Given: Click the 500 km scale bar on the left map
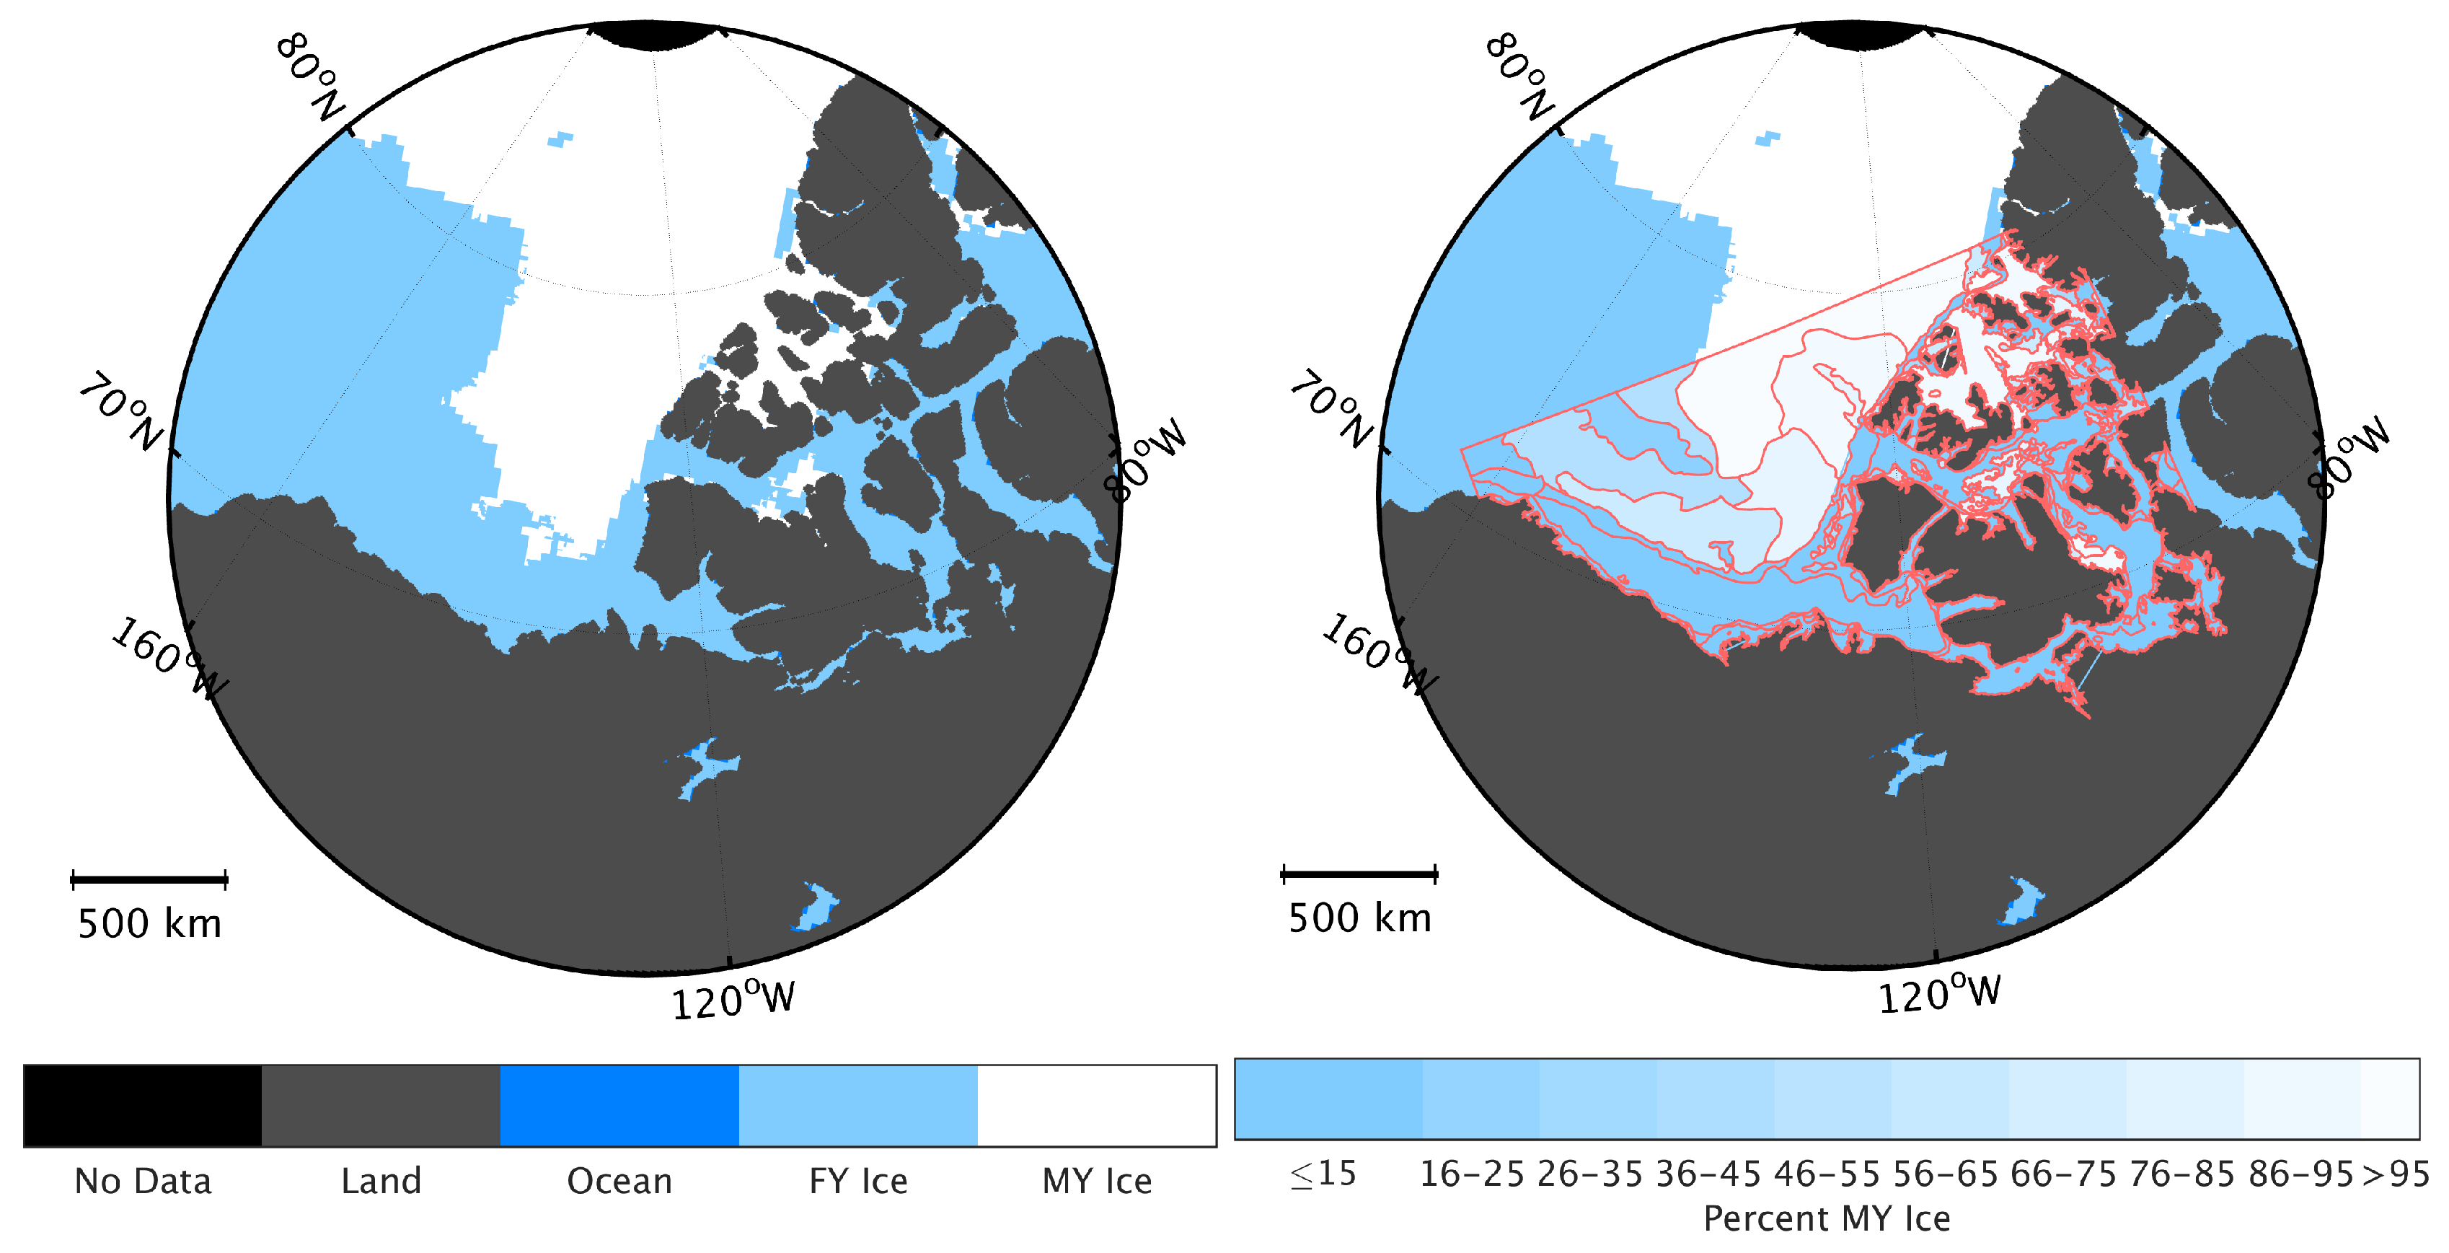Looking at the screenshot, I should click(149, 879).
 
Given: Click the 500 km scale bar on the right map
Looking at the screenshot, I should click(1359, 874).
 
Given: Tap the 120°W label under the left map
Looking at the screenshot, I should click(733, 1000).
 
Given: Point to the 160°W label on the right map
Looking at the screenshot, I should click(1380, 655).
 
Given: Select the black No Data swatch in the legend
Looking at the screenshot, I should click(143, 1106).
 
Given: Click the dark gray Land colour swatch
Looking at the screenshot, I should click(380, 1106).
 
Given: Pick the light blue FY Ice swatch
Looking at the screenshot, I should click(857, 1106).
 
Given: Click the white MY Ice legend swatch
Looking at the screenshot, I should click(1096, 1106).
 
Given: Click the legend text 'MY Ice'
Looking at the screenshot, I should click(1097, 1181).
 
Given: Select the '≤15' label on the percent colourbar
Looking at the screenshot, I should click(1323, 1175).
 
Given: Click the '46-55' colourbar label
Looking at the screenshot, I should click(1826, 1175).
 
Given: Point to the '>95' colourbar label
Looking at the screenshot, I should click(2396, 1175).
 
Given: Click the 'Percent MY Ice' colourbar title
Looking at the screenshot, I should click(1826, 1218).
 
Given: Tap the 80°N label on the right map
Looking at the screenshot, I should click(1518, 76).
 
